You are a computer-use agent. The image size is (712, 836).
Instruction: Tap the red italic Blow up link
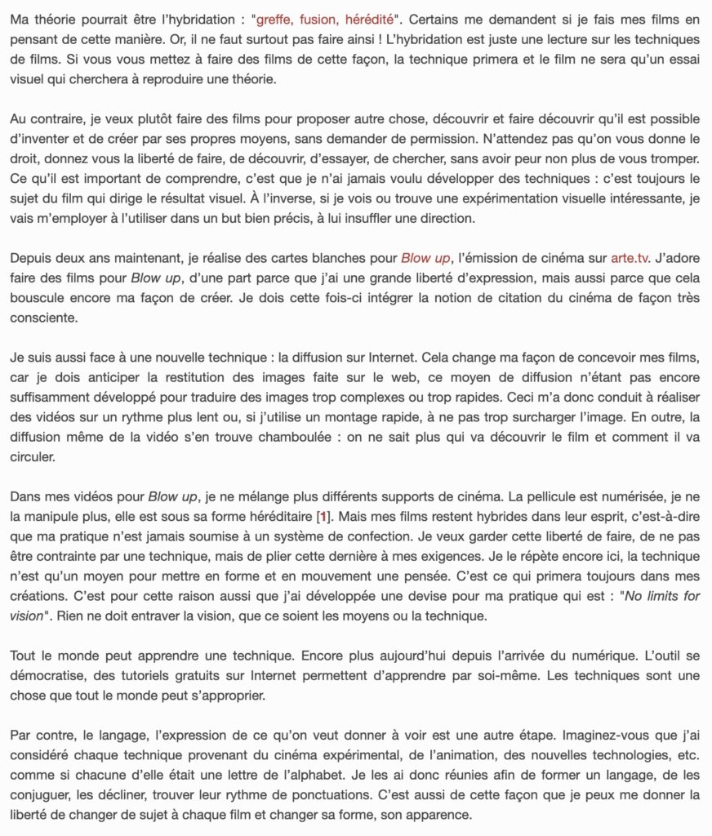(425, 258)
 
